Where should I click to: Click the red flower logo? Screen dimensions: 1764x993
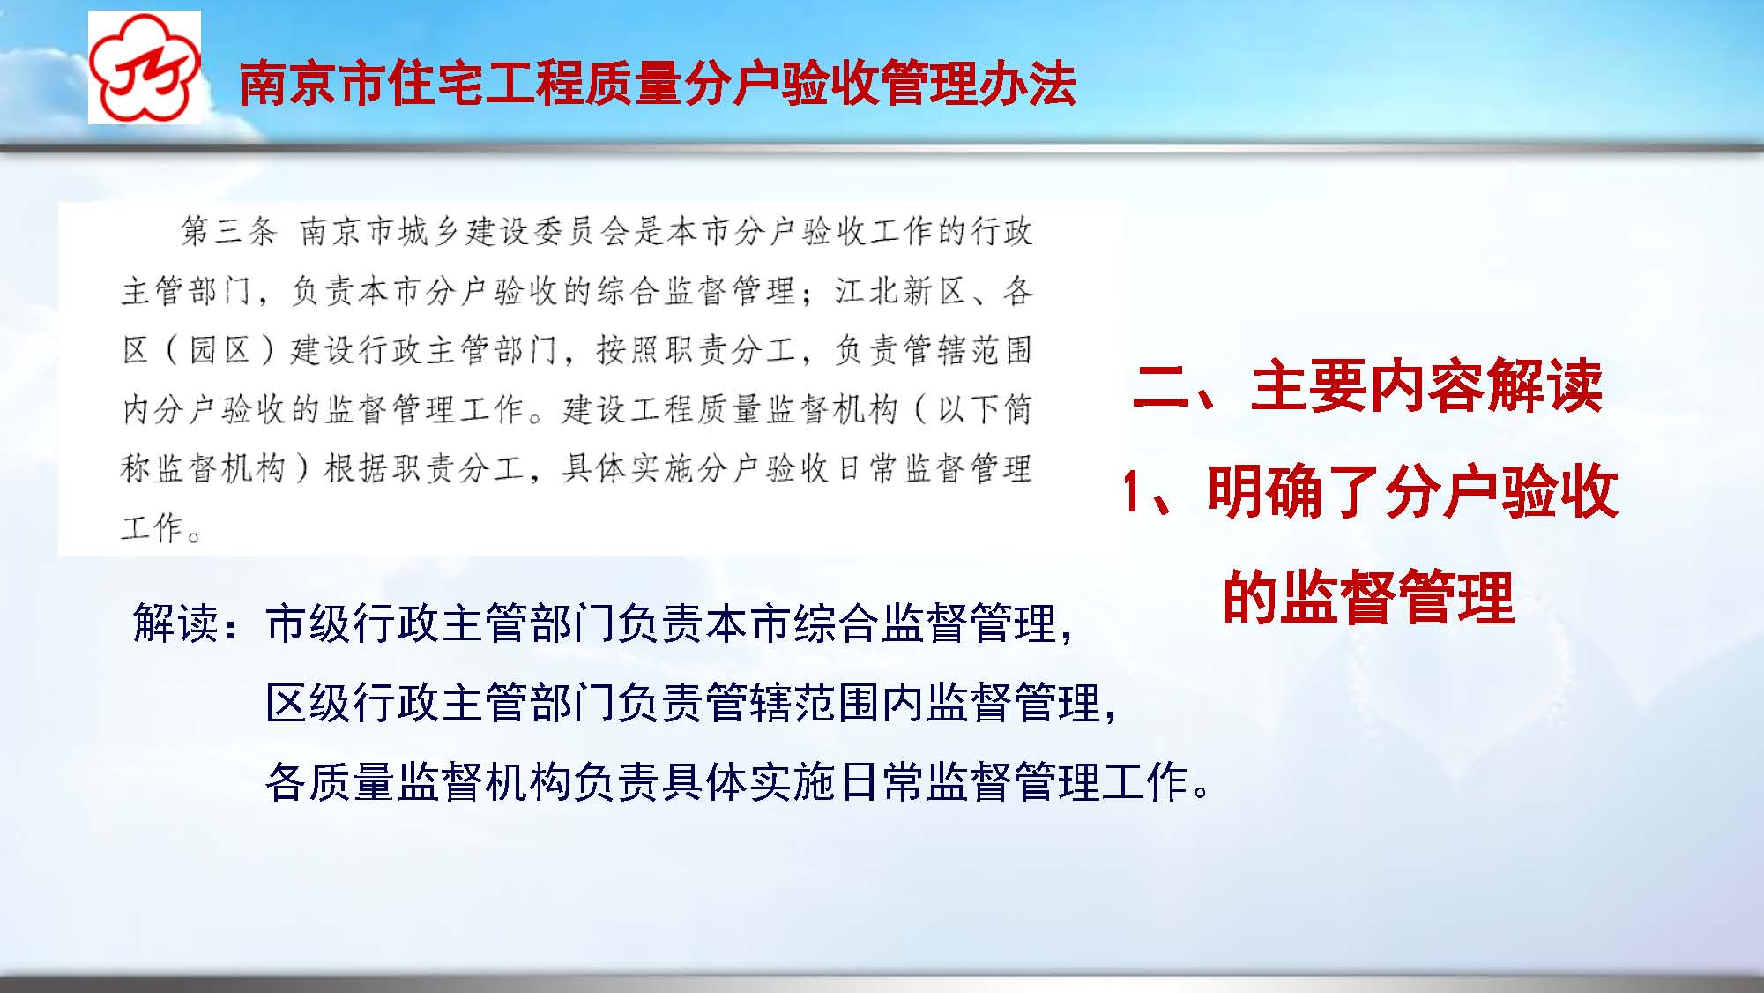tap(145, 68)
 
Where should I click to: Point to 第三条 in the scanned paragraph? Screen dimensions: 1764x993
tap(228, 231)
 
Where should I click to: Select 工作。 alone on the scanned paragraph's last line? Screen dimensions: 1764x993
tap(162, 527)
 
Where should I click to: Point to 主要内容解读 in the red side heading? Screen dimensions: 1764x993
tap(1425, 386)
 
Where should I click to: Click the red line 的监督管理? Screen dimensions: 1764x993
tap(1368, 598)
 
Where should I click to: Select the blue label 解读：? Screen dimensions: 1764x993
tap(187, 623)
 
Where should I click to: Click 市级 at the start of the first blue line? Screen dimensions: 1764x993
tap(309, 623)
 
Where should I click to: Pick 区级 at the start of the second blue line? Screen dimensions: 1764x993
tap(309, 703)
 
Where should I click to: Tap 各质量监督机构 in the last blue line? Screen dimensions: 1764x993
tap(419, 782)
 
